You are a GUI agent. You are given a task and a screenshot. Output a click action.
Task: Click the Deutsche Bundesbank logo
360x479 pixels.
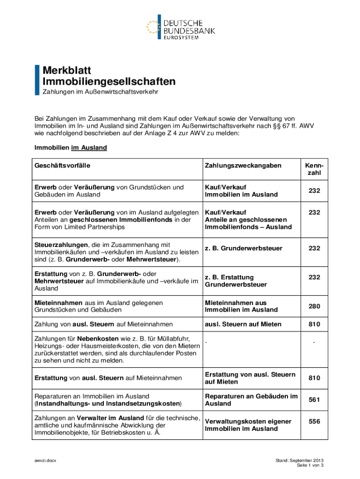tap(180, 27)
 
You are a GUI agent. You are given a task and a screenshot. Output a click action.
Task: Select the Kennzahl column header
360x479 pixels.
tap(314, 169)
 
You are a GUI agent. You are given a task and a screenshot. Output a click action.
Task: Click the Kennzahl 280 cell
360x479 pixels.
tap(314, 306)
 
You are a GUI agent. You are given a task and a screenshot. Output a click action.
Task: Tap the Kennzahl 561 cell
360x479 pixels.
tap(314, 400)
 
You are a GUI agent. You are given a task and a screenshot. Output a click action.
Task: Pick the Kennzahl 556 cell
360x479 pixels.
tap(314, 421)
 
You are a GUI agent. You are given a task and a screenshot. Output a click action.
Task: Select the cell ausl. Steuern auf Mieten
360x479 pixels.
tap(243, 324)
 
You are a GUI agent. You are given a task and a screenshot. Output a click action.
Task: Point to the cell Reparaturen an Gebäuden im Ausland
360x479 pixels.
tap(251, 400)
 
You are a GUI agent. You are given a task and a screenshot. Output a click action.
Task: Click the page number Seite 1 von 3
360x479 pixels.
tap(310, 466)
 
